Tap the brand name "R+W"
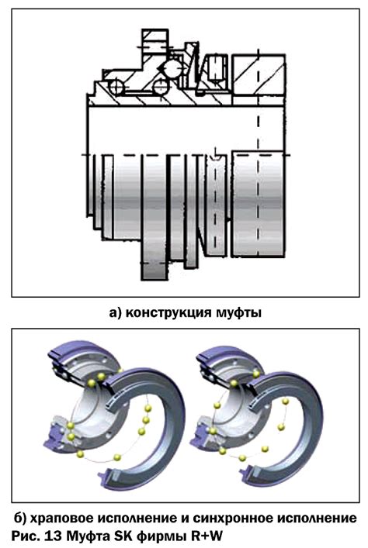tap(207, 536)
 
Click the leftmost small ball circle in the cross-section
tap(115, 87)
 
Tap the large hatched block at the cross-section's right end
tap(258, 74)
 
